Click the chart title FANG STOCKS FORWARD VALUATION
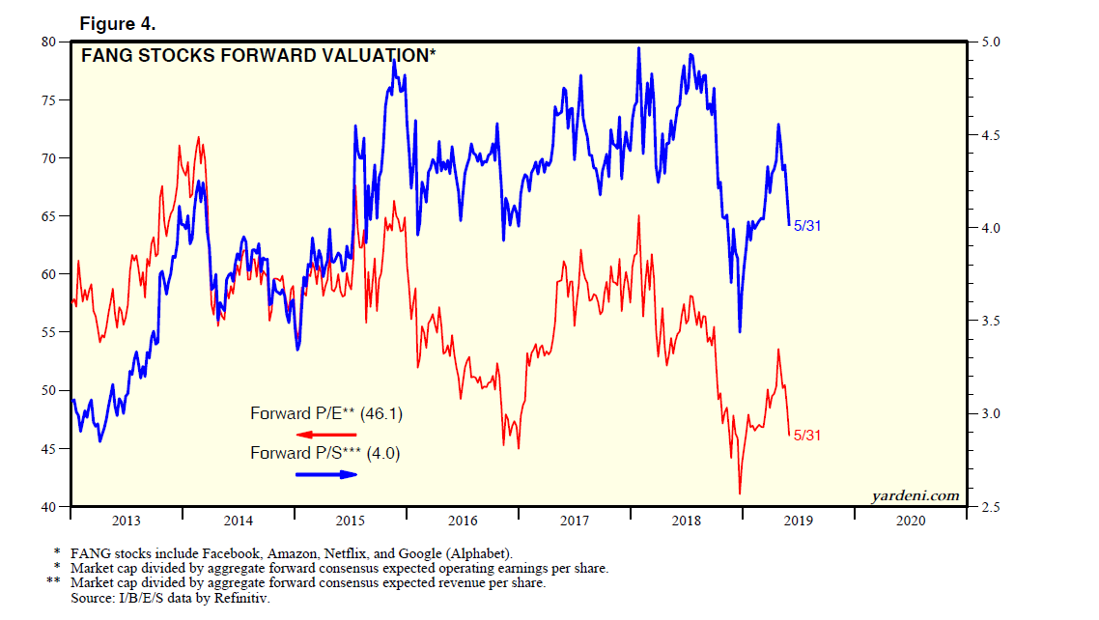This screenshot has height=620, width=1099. click(258, 56)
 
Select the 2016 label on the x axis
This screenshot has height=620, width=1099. click(463, 521)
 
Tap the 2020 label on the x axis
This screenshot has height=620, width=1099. click(911, 521)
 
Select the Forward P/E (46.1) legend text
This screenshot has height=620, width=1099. click(325, 414)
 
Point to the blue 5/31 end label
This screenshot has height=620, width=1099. click(807, 226)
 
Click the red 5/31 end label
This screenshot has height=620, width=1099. click(807, 436)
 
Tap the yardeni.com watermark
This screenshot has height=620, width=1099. click(915, 496)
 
